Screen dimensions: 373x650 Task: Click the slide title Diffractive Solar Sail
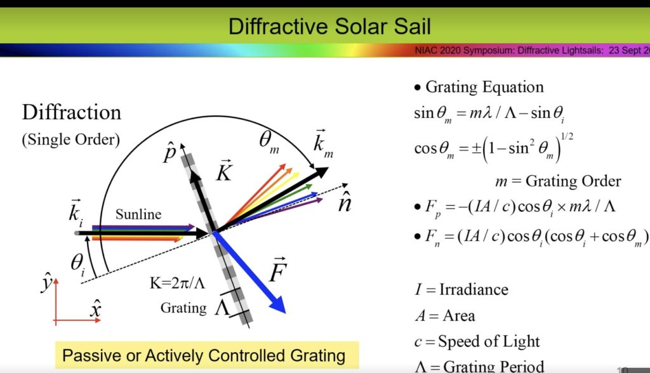[x=329, y=26]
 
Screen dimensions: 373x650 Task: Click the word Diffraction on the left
[x=72, y=112]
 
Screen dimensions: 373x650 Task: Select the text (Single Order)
[x=70, y=140]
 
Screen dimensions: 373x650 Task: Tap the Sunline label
[x=138, y=214]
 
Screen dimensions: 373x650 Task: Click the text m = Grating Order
[x=558, y=181]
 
